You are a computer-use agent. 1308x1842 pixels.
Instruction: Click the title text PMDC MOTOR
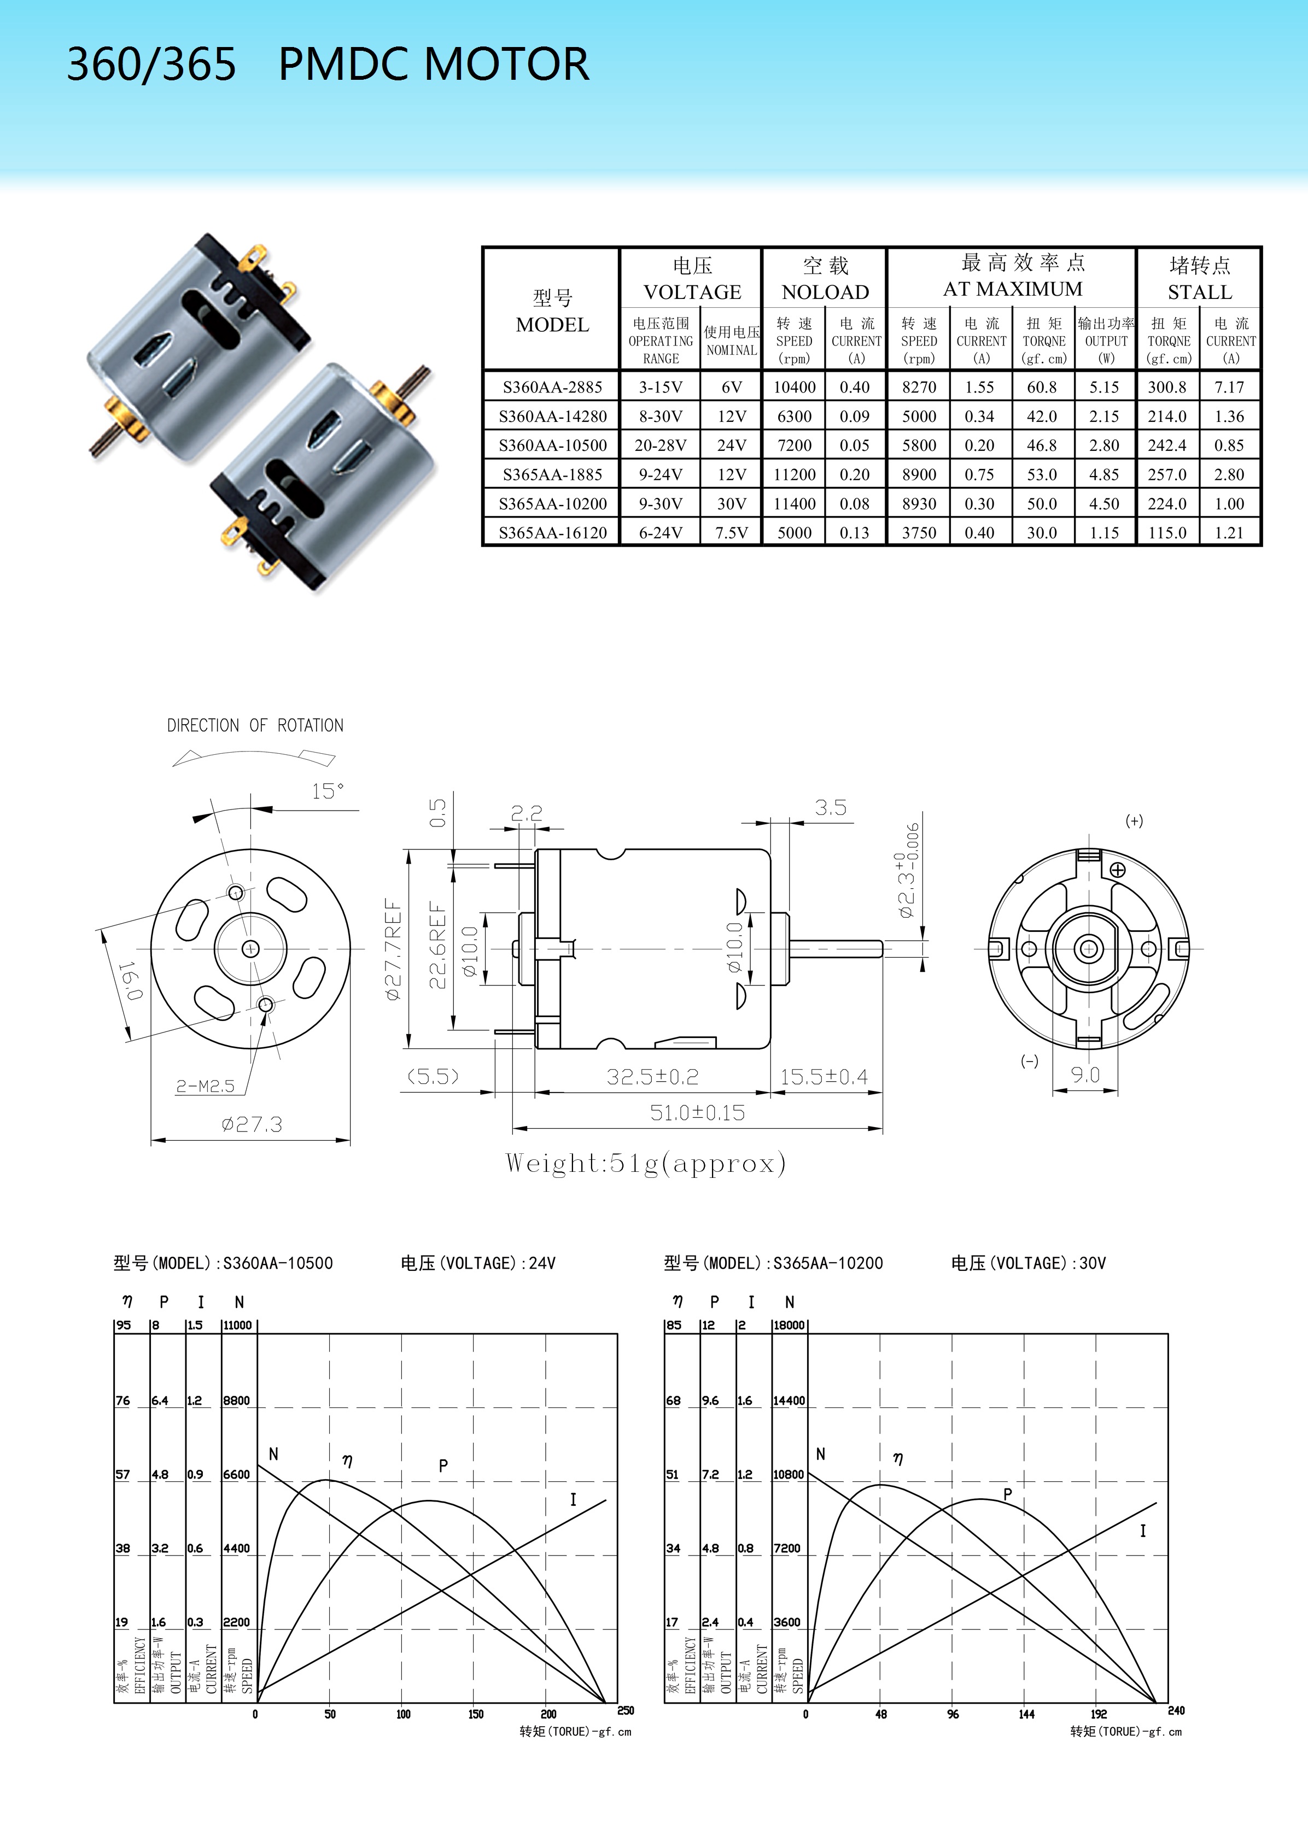point(433,64)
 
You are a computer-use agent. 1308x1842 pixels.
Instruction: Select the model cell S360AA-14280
point(552,416)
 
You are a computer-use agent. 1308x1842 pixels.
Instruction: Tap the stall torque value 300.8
point(1167,387)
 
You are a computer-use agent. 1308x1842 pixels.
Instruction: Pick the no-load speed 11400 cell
point(794,504)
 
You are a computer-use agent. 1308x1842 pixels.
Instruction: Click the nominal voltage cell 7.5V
point(731,533)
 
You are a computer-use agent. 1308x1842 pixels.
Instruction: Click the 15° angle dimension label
point(328,791)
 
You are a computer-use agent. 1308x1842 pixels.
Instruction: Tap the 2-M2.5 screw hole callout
point(206,1086)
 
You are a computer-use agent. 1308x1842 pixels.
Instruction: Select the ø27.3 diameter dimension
point(252,1124)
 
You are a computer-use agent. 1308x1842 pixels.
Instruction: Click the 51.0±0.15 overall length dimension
point(698,1113)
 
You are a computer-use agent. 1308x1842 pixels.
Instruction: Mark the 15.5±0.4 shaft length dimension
point(824,1076)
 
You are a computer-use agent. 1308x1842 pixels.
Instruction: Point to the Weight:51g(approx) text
point(645,1163)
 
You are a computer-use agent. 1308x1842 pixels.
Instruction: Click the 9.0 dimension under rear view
point(1085,1074)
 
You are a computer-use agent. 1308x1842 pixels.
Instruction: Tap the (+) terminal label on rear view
point(1134,821)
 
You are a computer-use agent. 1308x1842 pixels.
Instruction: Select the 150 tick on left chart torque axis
point(476,1714)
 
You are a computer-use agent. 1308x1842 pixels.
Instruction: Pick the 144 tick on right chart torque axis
point(1026,1714)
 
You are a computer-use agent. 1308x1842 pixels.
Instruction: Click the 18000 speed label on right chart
point(789,1325)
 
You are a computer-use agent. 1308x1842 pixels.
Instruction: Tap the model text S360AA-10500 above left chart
point(278,1263)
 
